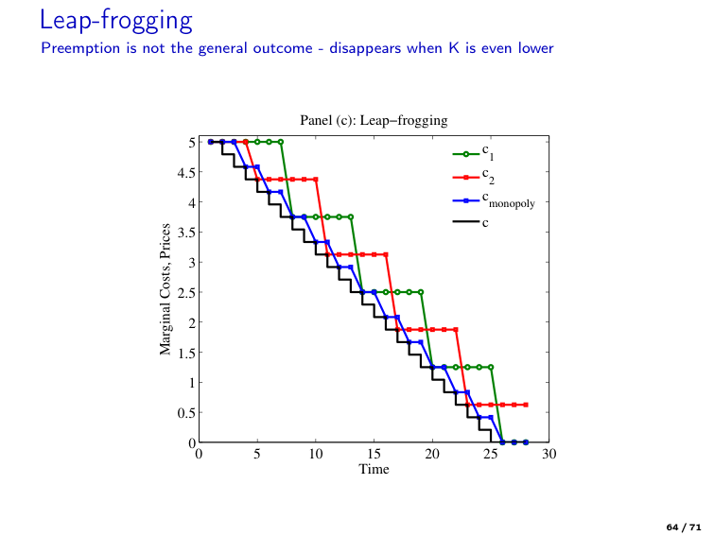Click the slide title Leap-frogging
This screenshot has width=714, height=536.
tap(117, 18)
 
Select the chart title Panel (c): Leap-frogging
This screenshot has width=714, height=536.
tap(374, 120)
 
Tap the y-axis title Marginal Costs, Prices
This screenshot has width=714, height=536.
tap(166, 289)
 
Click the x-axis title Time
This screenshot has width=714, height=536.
tap(374, 469)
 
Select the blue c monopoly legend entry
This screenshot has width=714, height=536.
tap(490, 200)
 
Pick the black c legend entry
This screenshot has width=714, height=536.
tap(473, 222)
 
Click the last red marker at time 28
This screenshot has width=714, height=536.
tap(526, 405)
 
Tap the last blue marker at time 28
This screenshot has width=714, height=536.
tap(526, 441)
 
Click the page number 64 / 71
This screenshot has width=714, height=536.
tap(683, 525)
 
